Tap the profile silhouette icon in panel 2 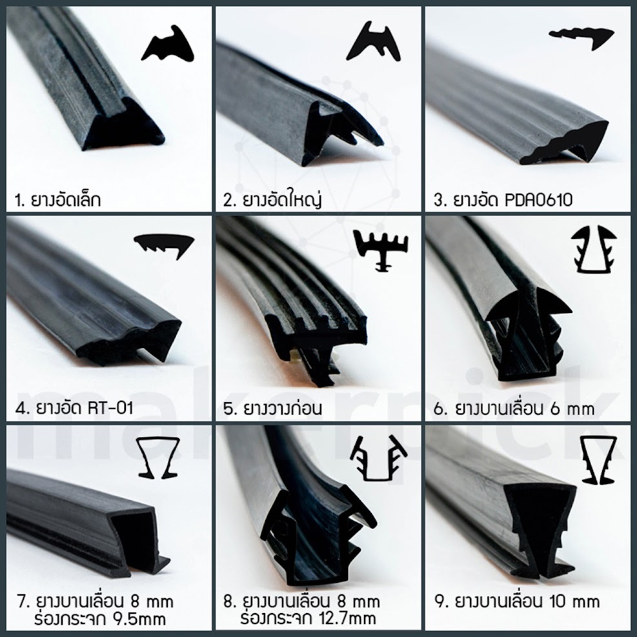pyautogui.click(x=373, y=43)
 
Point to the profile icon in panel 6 pyautogui.click(x=594, y=248)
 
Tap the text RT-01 pyautogui.click(x=110, y=407)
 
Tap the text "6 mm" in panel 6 pyautogui.click(x=572, y=409)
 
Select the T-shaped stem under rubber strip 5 pyautogui.click(x=319, y=366)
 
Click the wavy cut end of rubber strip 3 pyautogui.click(x=565, y=144)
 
